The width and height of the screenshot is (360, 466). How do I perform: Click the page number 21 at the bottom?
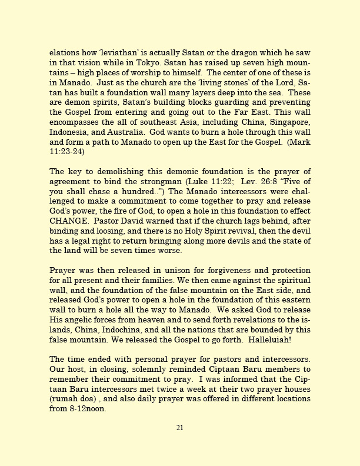pyautogui.click(x=180, y=444)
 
